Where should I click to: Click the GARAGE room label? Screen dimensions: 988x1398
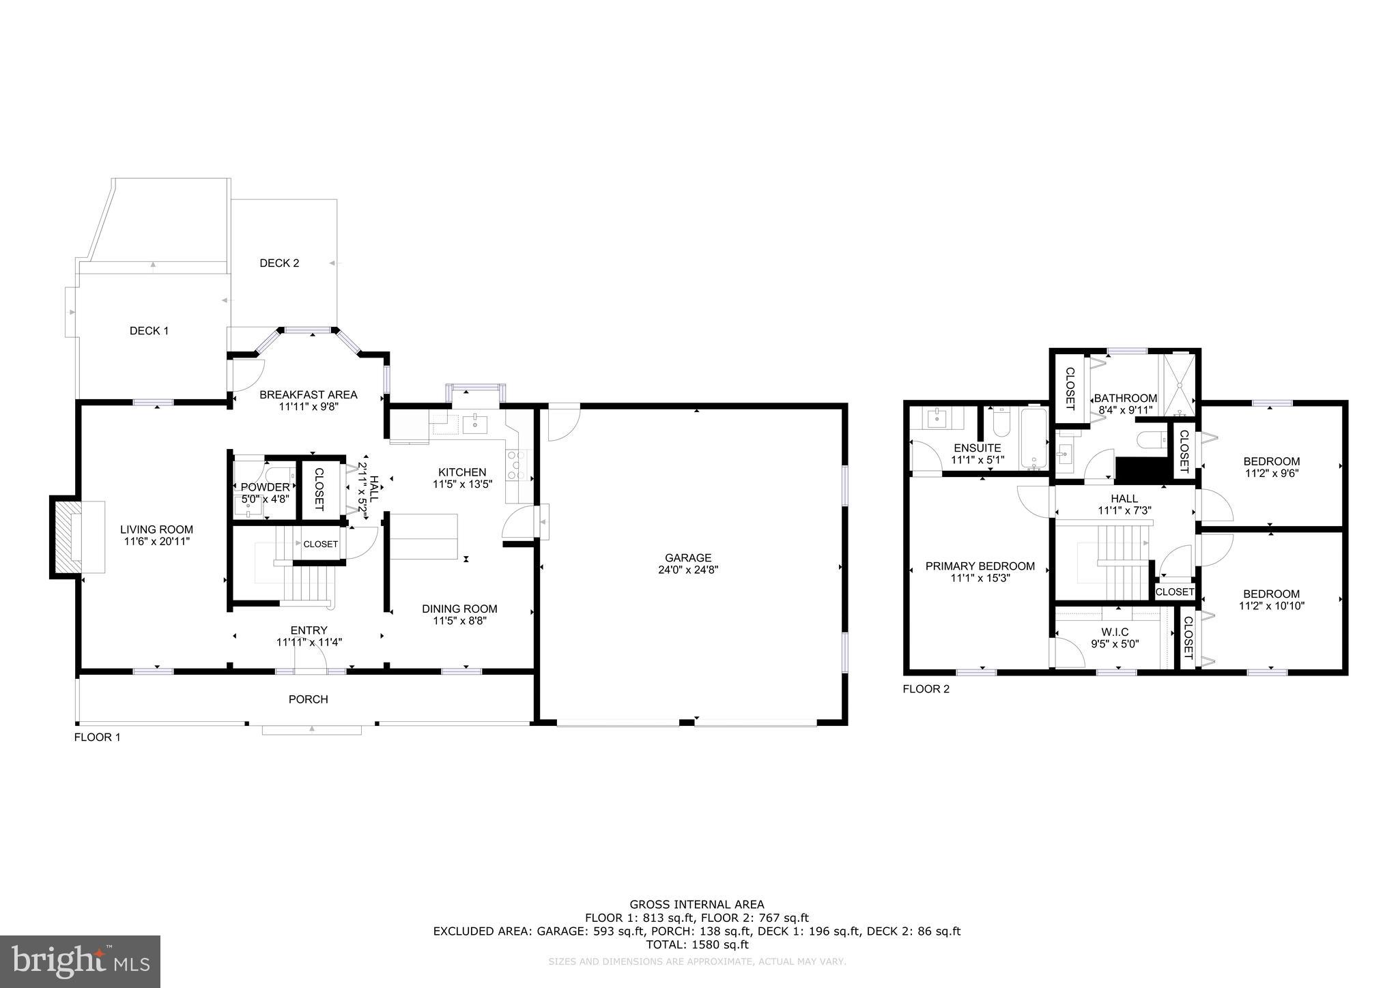click(x=689, y=557)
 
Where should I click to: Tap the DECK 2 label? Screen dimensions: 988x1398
click(x=279, y=263)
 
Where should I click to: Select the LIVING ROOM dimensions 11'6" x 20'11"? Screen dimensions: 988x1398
click(x=156, y=541)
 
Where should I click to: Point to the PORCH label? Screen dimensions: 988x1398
click(x=309, y=699)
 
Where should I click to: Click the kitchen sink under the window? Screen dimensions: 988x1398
click(x=474, y=425)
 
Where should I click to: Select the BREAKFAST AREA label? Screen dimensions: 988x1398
click(x=309, y=394)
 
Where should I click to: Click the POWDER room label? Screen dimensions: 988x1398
click(x=265, y=487)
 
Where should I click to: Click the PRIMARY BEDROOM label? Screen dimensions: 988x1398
click(x=980, y=566)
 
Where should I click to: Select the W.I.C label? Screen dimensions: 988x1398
click(x=1115, y=633)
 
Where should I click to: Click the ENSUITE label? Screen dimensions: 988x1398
click(x=977, y=448)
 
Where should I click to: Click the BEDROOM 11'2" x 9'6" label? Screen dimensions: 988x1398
click(x=1271, y=461)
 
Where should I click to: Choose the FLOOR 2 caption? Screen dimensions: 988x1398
click(x=926, y=689)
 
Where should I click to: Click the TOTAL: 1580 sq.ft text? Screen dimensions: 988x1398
click(x=697, y=945)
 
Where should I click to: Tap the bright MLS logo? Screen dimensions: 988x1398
click(x=80, y=962)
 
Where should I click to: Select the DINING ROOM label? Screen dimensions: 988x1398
click(x=459, y=609)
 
